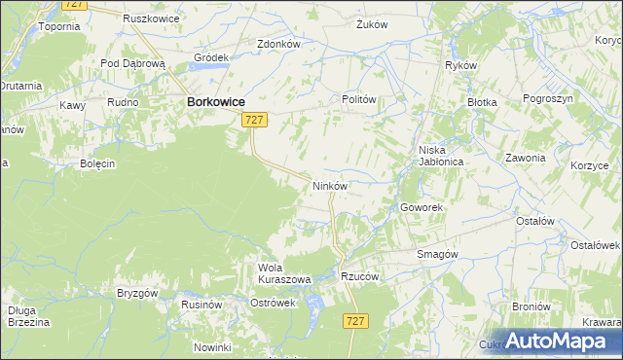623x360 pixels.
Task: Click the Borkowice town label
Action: [x=215, y=100]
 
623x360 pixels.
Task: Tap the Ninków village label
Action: [x=329, y=184]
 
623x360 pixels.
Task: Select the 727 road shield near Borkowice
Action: [x=253, y=119]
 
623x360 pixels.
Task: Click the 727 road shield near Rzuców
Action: [x=355, y=321]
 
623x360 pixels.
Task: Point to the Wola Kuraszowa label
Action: [x=283, y=273]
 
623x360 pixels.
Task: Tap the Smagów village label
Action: [x=436, y=253]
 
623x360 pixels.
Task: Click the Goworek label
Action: [x=421, y=208]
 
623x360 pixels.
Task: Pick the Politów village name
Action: [x=358, y=99]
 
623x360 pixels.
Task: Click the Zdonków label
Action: [x=277, y=44]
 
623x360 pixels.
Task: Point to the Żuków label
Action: [x=373, y=23]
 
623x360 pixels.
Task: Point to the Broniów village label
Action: [x=531, y=306]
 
